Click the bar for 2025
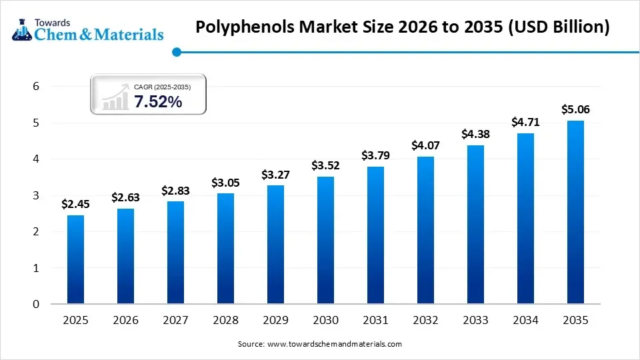pyautogui.click(x=75, y=259)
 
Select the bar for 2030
pyautogui.click(x=325, y=240)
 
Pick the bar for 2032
pyautogui.click(x=425, y=230)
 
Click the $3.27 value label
pyautogui.click(x=275, y=175)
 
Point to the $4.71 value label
pyautogui.click(x=525, y=122)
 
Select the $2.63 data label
pyautogui.click(x=125, y=197)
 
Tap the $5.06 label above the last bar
pyautogui.click(x=575, y=109)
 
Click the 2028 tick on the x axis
pyautogui.click(x=225, y=321)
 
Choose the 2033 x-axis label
pyautogui.click(x=475, y=321)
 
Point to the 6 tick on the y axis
pyautogui.click(x=37, y=87)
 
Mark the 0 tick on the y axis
pyautogui.click(x=37, y=305)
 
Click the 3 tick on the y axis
pyautogui.click(x=37, y=195)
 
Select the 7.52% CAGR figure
pyautogui.click(x=158, y=102)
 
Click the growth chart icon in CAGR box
pyautogui.click(x=115, y=98)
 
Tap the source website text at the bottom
pyautogui.click(x=320, y=344)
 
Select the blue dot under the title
pyautogui.click(x=176, y=51)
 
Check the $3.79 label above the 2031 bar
pyautogui.click(x=375, y=155)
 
